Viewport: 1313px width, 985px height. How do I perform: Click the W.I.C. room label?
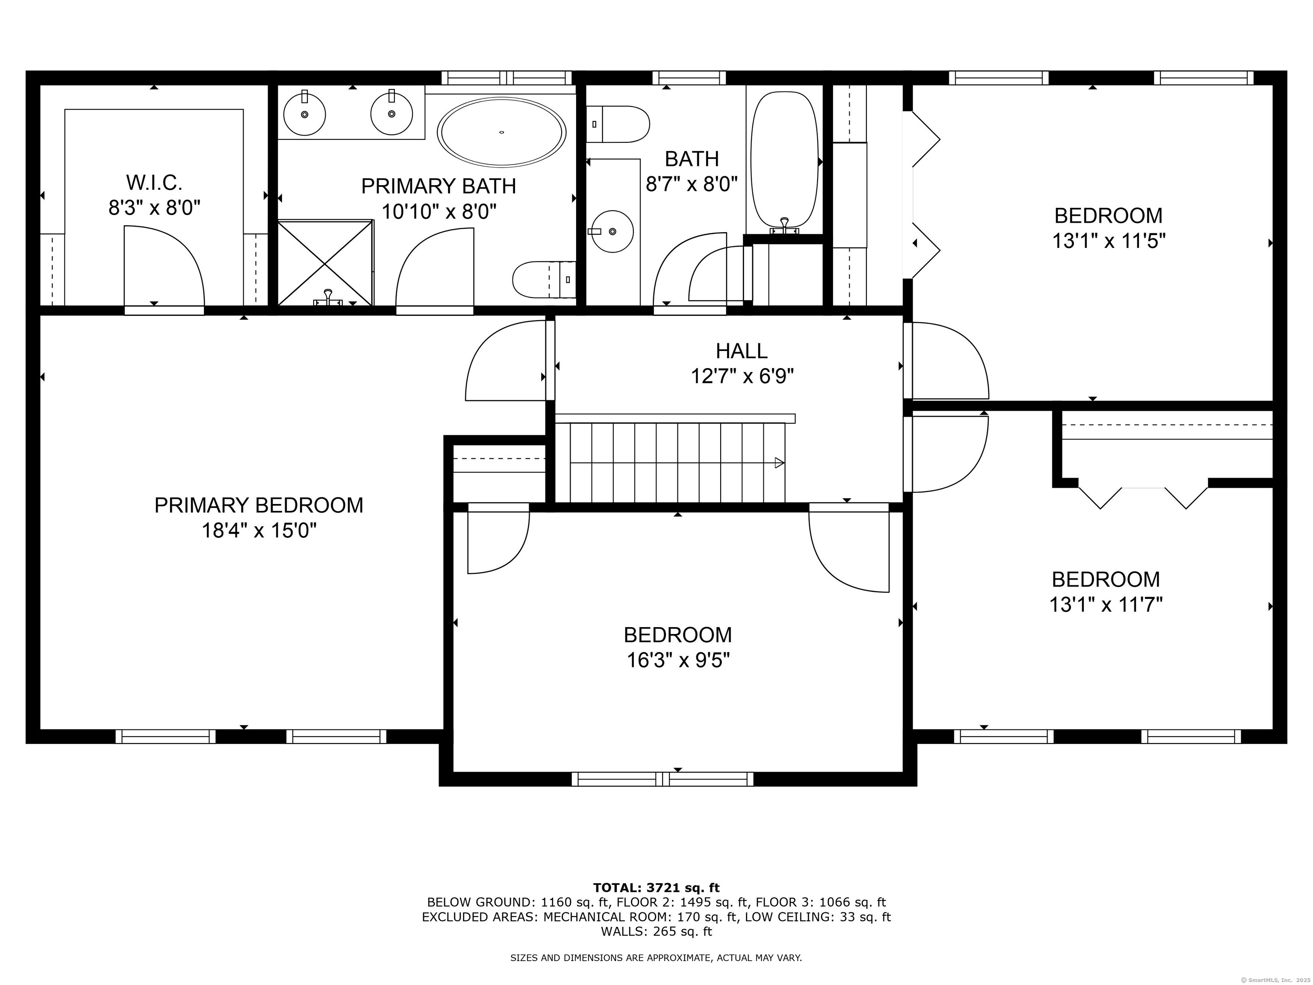click(x=154, y=182)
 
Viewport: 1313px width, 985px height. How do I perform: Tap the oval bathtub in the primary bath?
click(x=502, y=132)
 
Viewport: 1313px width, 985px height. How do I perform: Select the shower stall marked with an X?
click(x=325, y=263)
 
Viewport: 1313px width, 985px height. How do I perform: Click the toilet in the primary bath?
click(x=543, y=279)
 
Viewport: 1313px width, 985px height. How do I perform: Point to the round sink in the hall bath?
click(x=612, y=231)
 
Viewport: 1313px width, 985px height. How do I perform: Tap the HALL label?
click(x=742, y=351)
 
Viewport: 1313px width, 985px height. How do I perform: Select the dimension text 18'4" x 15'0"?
click(x=259, y=530)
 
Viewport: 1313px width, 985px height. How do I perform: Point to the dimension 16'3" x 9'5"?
click(x=678, y=660)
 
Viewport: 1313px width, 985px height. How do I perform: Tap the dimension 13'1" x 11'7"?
click(x=1105, y=605)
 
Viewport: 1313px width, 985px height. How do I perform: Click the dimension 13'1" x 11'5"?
click(x=1108, y=241)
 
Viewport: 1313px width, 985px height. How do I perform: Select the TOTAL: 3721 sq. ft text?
click(x=656, y=888)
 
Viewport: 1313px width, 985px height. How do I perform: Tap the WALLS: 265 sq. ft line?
click(x=656, y=931)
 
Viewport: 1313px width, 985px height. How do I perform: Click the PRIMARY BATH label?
click(x=439, y=186)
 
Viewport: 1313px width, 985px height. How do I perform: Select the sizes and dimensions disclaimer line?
click(x=656, y=958)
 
